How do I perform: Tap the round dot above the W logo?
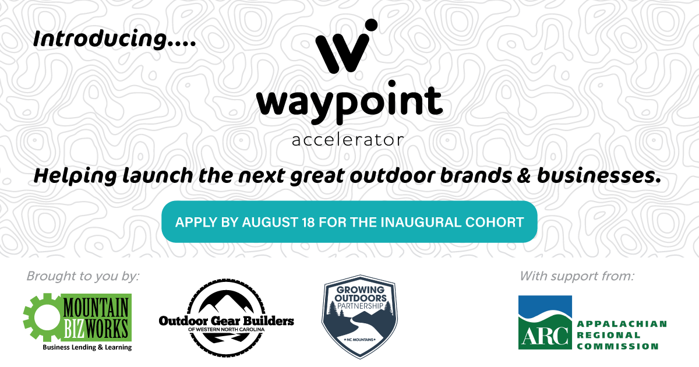tap(372, 25)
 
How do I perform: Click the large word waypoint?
tap(349, 103)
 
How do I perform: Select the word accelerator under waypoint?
tap(348, 140)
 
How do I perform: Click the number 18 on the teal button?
tap(308, 223)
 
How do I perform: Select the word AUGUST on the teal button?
tap(270, 223)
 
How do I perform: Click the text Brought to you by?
tap(83, 277)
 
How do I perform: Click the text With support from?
tap(577, 276)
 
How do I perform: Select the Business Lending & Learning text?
tap(87, 347)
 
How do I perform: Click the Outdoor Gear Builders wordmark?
tap(226, 321)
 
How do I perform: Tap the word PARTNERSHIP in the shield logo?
tap(360, 306)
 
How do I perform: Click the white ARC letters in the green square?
tap(545, 336)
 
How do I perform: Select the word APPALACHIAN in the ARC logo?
tap(622, 324)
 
